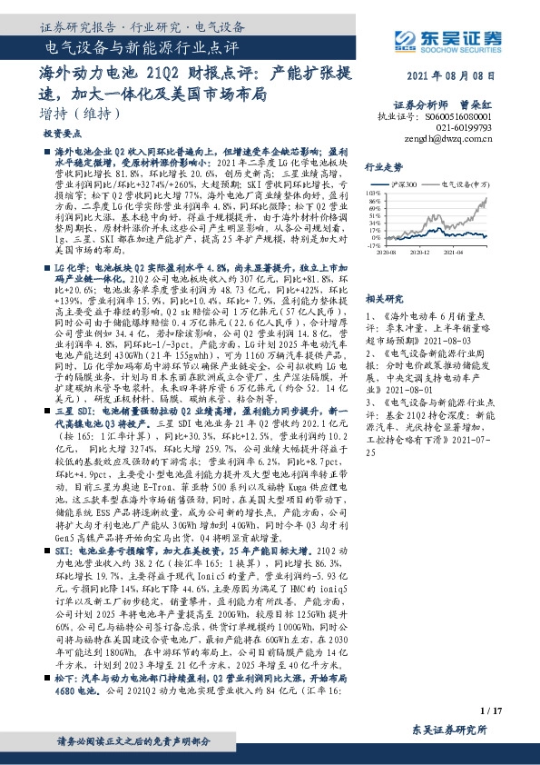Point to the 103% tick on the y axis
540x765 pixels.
(x=371, y=192)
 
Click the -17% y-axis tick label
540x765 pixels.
(x=372, y=245)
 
